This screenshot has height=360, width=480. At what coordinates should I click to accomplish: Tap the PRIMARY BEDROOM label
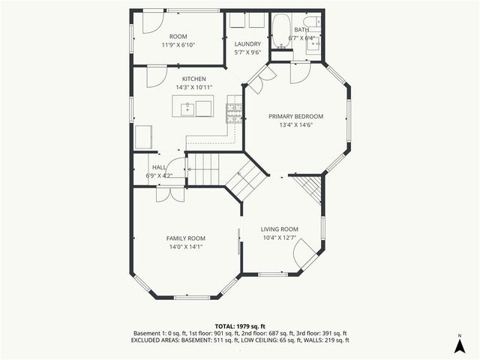(296, 116)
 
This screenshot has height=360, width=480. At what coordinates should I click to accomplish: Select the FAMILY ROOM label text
(185, 238)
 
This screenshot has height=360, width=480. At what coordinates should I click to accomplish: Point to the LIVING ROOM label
(280, 229)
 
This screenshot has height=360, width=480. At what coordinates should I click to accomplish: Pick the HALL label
(159, 167)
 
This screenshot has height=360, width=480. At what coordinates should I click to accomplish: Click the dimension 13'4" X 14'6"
(296, 125)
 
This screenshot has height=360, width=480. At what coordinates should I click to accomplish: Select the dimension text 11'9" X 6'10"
(178, 45)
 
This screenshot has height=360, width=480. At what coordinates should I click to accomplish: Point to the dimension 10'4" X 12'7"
(280, 238)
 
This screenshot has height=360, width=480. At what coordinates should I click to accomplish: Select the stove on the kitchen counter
(235, 112)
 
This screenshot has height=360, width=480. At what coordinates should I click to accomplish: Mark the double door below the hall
(169, 194)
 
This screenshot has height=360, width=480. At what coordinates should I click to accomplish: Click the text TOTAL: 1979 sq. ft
(239, 326)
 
